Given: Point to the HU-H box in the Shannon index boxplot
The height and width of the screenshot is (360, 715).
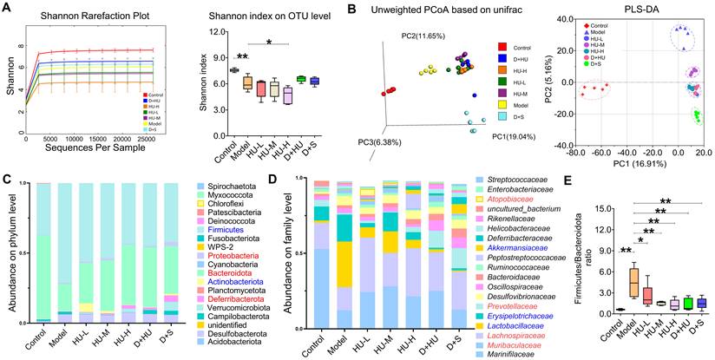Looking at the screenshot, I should [x=287, y=95].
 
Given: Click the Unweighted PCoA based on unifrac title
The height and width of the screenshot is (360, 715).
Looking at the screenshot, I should [x=423, y=10].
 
